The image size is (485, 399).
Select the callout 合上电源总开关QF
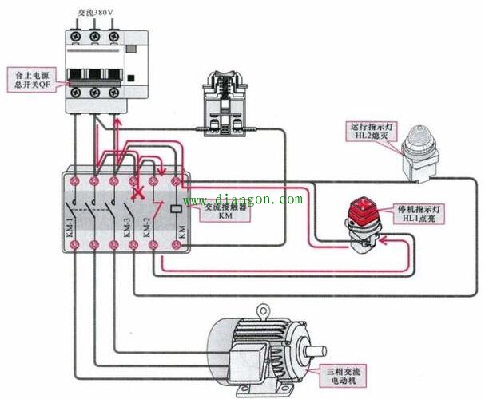(x=34, y=80)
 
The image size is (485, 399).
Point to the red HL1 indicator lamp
(x=364, y=215)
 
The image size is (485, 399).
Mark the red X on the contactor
(x=137, y=192)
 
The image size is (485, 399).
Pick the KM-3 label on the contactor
(x=127, y=232)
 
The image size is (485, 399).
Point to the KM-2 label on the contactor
(x=147, y=232)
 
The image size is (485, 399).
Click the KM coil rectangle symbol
(x=174, y=210)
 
